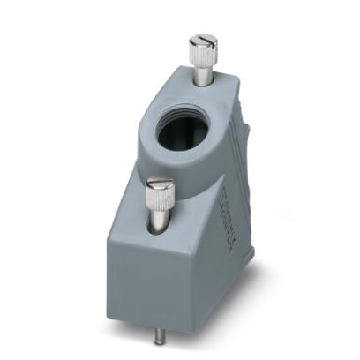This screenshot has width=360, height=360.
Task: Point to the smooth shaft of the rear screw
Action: point(203,76)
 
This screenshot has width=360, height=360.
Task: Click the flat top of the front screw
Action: point(159,184)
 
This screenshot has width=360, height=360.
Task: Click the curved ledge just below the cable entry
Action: point(190,168)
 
